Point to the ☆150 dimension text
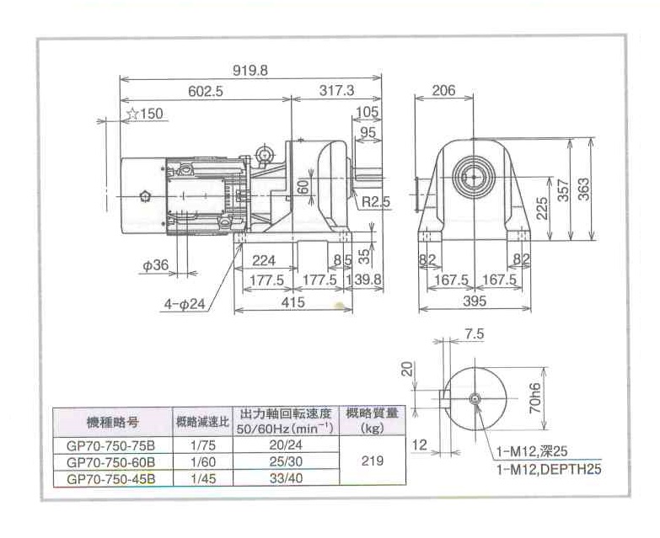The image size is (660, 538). pyautogui.click(x=144, y=115)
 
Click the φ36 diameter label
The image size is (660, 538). pyautogui.click(x=156, y=265)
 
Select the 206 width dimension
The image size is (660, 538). pyautogui.click(x=443, y=91)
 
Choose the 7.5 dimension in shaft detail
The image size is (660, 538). pyautogui.click(x=474, y=334)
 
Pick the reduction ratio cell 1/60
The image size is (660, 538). pyautogui.click(x=199, y=462)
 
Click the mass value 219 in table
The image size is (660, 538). pyautogui.click(x=371, y=461)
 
